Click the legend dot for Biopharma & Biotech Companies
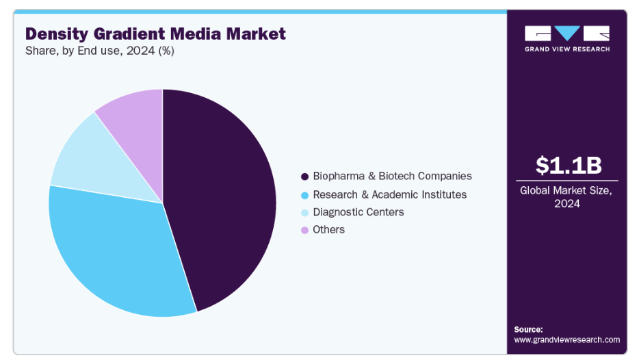click(305, 177)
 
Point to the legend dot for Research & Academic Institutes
click(305, 195)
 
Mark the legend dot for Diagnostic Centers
click(305, 213)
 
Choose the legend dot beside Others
click(305, 230)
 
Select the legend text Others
click(329, 230)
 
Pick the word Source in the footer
click(528, 329)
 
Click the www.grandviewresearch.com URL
click(567, 339)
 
